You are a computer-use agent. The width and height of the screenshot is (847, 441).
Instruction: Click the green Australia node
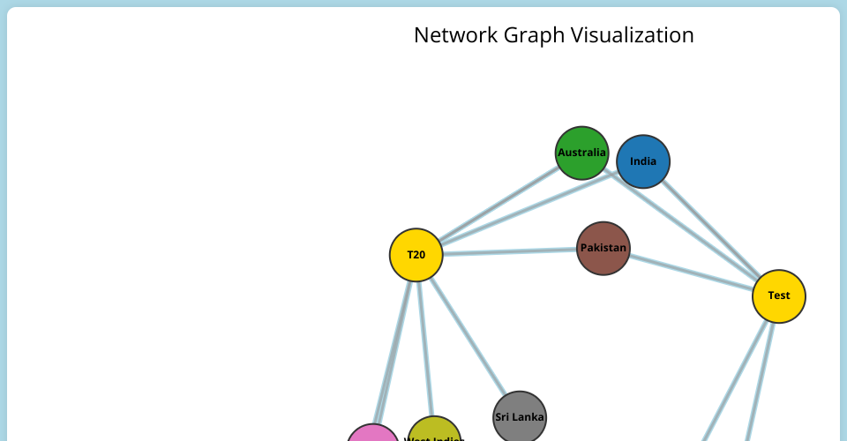pyautogui.click(x=582, y=153)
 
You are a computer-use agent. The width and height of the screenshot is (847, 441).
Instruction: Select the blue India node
pyautogui.click(x=643, y=161)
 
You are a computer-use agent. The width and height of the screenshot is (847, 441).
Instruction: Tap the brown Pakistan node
pyautogui.click(x=603, y=248)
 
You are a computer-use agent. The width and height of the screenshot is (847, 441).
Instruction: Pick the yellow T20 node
pyautogui.click(x=416, y=255)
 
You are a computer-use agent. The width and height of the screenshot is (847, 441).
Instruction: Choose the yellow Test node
pyautogui.click(x=778, y=295)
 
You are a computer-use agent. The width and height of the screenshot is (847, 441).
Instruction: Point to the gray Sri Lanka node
pyautogui.click(x=520, y=416)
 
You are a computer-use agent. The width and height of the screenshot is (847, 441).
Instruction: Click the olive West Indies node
pyautogui.click(x=434, y=432)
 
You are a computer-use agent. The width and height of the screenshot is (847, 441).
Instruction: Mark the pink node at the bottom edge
pyautogui.click(x=372, y=435)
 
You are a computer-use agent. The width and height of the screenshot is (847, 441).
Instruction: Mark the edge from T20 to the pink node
pyautogui.click(x=394, y=344)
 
